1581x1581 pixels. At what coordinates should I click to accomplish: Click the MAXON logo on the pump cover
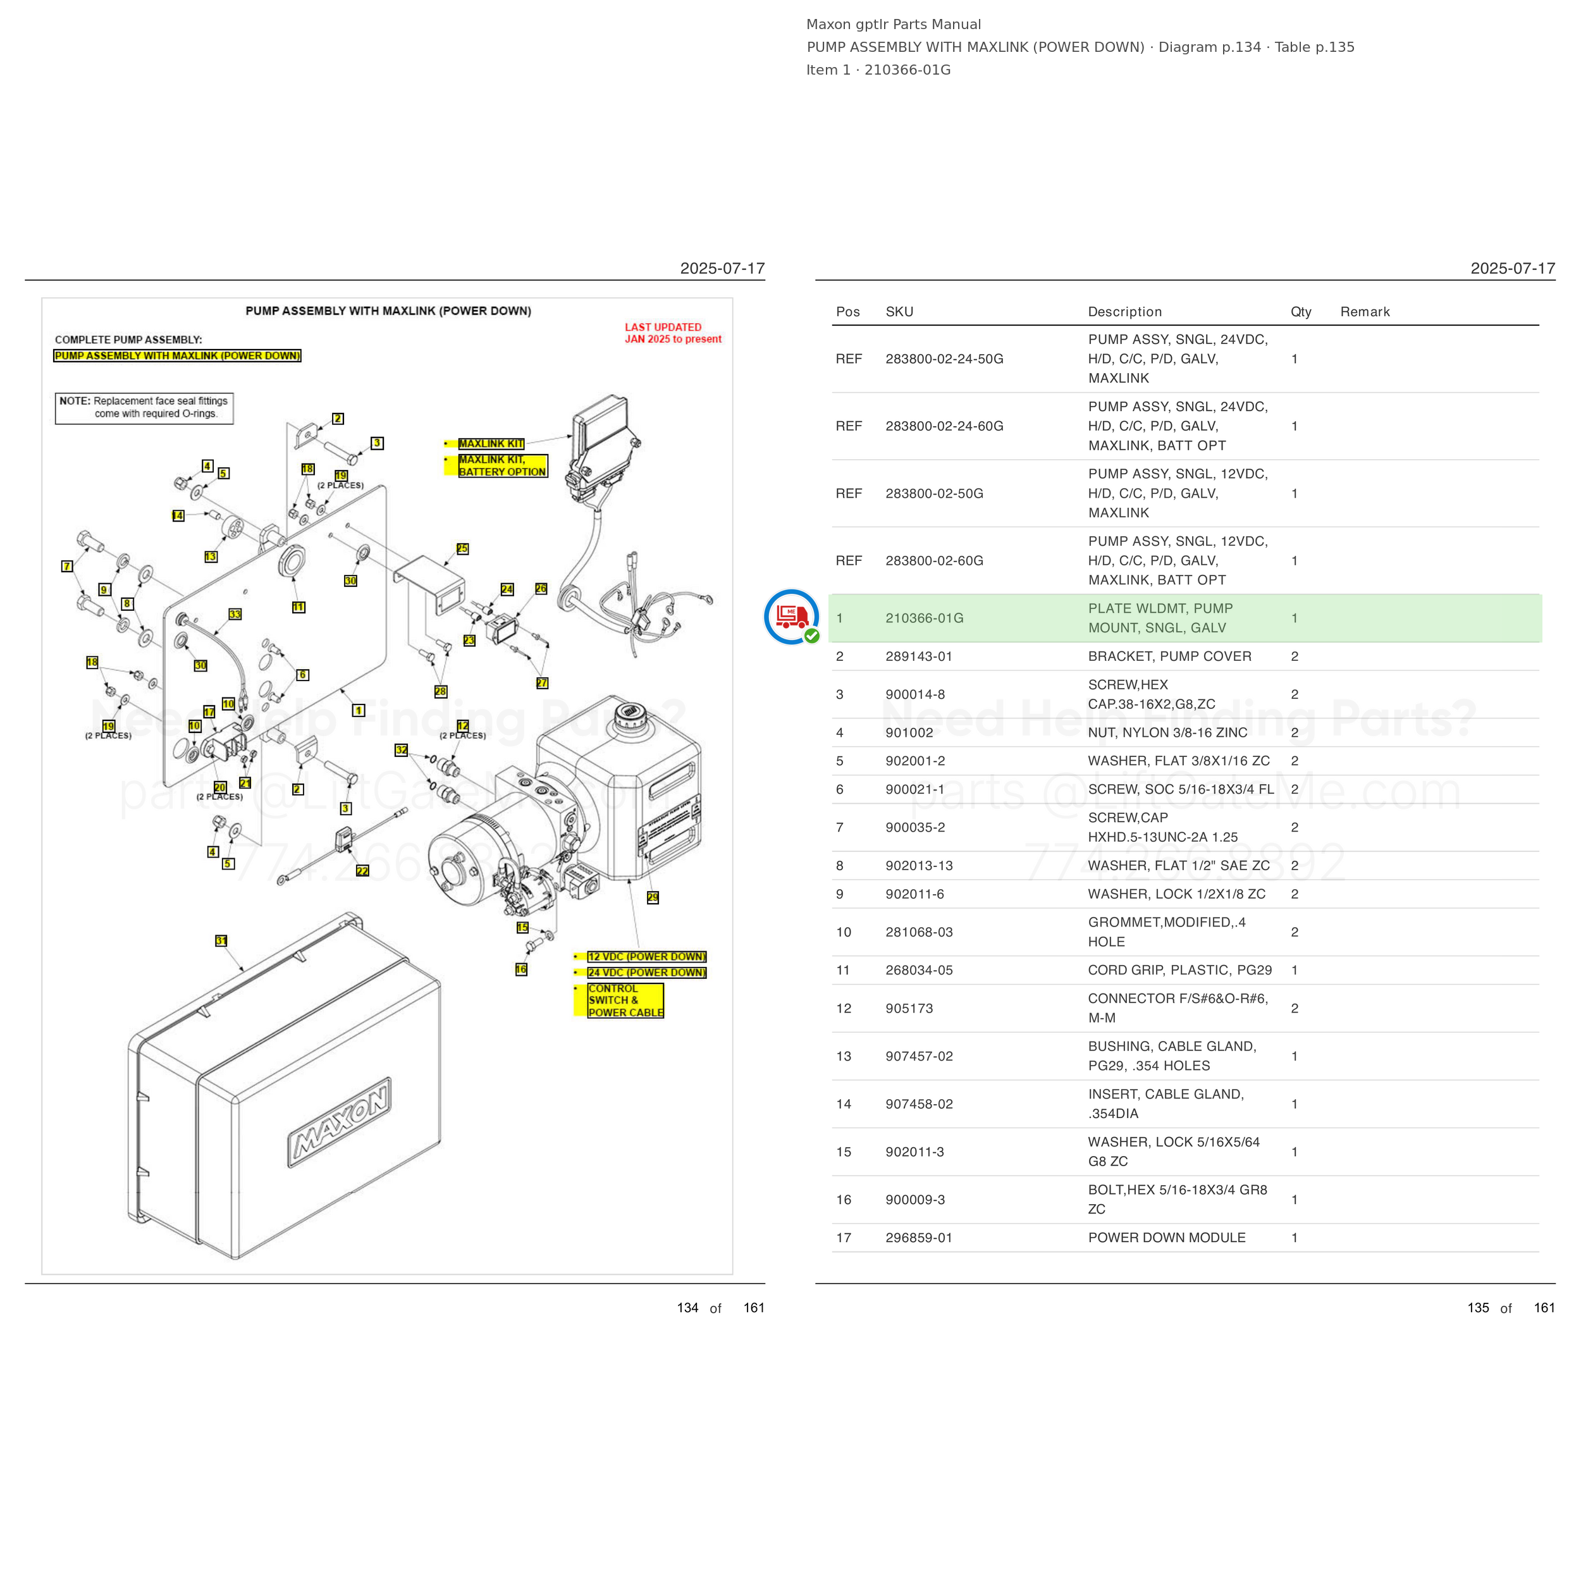click(x=339, y=1122)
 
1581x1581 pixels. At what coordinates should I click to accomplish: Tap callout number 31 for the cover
click(x=221, y=941)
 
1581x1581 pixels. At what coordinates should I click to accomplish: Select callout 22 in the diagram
click(x=362, y=871)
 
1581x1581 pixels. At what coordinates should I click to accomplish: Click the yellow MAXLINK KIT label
click(x=491, y=443)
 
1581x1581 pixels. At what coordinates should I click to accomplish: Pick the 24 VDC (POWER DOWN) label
click(x=646, y=972)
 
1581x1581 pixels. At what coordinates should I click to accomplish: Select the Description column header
click(x=1124, y=312)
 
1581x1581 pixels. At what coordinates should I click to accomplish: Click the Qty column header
click(x=1300, y=312)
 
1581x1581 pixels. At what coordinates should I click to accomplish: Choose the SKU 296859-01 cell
click(x=919, y=1238)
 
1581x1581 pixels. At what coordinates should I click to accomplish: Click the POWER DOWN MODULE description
click(x=1166, y=1238)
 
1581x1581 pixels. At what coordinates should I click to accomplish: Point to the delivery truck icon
click(x=791, y=616)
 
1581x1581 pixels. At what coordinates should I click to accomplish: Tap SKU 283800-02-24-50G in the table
click(x=944, y=359)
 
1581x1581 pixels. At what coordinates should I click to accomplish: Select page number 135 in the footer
click(x=1478, y=1308)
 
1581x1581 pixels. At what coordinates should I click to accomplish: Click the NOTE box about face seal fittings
click(x=144, y=407)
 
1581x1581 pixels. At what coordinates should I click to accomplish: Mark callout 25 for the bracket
click(x=462, y=548)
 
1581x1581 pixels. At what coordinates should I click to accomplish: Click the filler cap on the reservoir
click(x=629, y=713)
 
